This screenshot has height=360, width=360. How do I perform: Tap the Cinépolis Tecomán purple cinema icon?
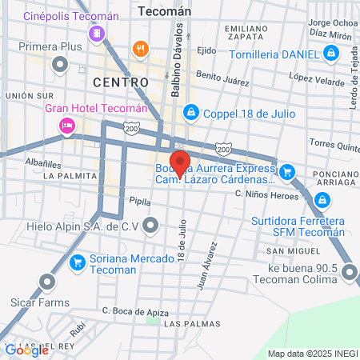click(98, 34)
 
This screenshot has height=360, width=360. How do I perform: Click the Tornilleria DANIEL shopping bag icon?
click(330, 54)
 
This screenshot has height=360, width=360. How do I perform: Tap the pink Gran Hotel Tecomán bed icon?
click(67, 125)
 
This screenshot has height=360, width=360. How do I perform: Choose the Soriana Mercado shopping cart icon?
click(78, 262)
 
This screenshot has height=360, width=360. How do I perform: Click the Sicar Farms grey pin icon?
click(47, 281)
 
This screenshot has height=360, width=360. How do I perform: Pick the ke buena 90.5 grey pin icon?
click(349, 274)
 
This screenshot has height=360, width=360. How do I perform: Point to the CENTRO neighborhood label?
click(121, 82)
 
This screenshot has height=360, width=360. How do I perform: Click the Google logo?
click(26, 350)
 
